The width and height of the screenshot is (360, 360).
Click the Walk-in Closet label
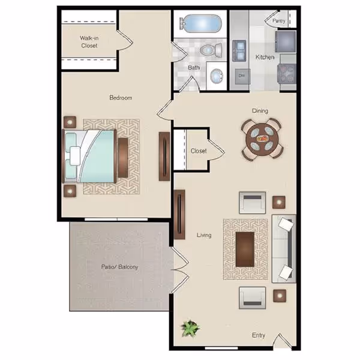point(89,41)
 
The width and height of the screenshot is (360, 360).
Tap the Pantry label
point(279,21)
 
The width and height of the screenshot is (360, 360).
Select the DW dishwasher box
point(242,76)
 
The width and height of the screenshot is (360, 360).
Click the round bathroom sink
point(215,76)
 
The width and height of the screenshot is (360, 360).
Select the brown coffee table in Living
point(245,248)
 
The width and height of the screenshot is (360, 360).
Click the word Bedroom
point(120,97)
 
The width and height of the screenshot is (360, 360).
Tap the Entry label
point(259,335)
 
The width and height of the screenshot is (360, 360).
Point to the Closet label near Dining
point(199,151)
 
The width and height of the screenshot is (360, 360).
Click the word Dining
point(260,110)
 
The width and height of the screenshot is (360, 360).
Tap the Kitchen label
point(265,58)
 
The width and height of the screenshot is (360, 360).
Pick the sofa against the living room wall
point(284,248)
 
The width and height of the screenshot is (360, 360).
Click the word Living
point(204,235)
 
